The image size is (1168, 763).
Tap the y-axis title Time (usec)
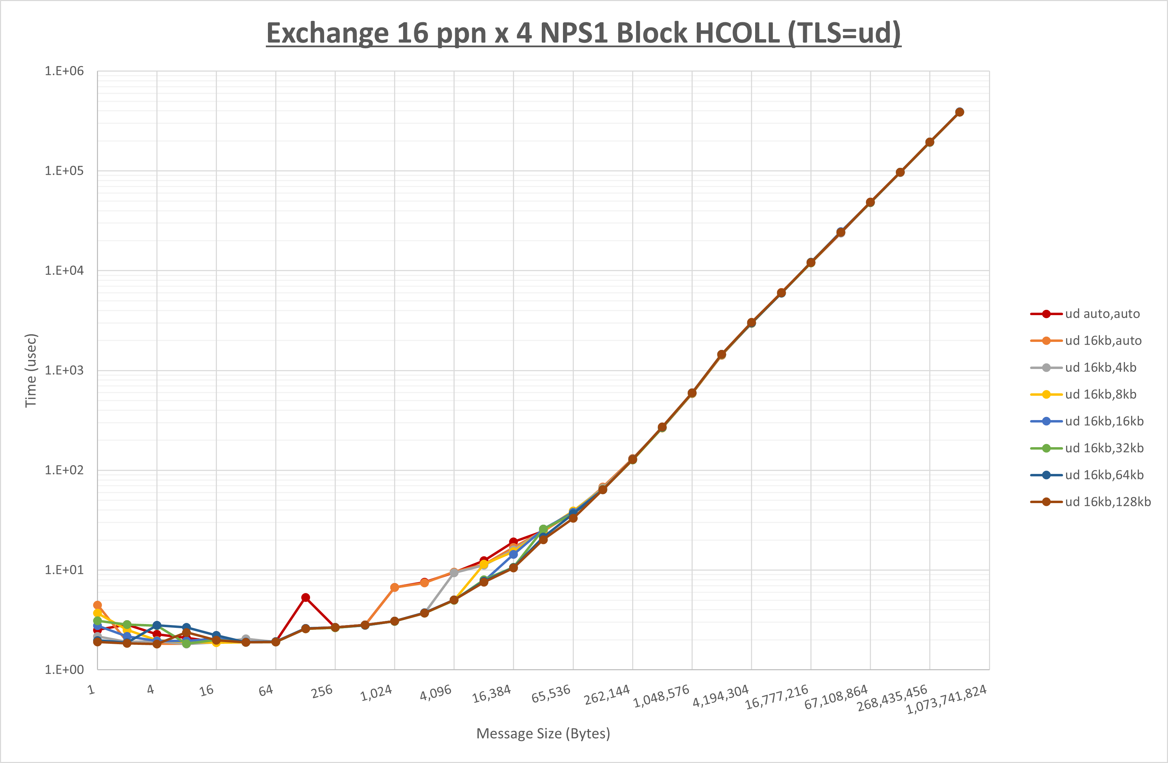click(x=31, y=370)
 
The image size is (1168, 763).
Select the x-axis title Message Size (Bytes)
click(x=543, y=733)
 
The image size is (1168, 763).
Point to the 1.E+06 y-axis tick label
click(x=64, y=71)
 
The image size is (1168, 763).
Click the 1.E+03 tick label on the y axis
click(x=64, y=370)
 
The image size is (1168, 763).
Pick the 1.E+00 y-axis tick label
click(x=64, y=670)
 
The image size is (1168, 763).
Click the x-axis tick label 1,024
click(x=376, y=693)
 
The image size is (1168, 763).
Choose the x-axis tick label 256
click(x=322, y=691)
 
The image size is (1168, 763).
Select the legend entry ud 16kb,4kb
click(x=1100, y=368)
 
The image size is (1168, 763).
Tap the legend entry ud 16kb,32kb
click(x=1104, y=448)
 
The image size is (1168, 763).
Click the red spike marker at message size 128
click(x=305, y=598)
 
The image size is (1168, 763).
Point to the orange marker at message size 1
click(x=97, y=605)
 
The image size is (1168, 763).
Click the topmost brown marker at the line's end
click(x=959, y=112)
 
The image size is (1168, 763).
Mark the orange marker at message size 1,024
click(x=394, y=587)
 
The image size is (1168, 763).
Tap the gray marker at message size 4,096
click(x=454, y=573)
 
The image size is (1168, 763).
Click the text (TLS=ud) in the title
click(x=844, y=33)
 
